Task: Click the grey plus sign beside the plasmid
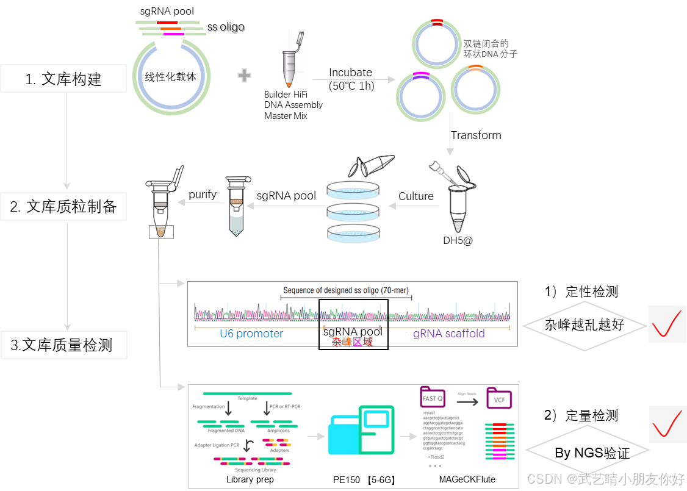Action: [x=244, y=76]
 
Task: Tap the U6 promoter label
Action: [x=251, y=334]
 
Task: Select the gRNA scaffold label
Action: [x=448, y=334]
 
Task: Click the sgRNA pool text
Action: [x=353, y=332]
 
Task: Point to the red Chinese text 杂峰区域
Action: [x=352, y=342]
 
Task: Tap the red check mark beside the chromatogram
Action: [x=666, y=324]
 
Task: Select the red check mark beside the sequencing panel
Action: [x=666, y=423]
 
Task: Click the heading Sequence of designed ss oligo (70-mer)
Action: [x=346, y=291]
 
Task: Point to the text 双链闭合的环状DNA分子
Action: [x=490, y=49]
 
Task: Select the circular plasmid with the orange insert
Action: [x=475, y=90]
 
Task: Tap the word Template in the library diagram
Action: [x=247, y=398]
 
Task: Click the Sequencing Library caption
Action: [x=255, y=470]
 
